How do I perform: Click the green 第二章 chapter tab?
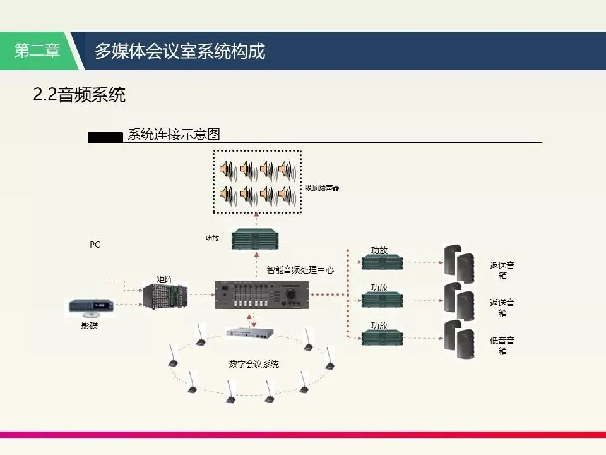coord(38,51)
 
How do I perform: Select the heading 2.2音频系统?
coord(80,95)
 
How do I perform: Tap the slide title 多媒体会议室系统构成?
coord(180,51)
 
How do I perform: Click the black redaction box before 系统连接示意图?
coord(105,136)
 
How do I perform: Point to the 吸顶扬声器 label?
coord(322,187)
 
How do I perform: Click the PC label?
coord(95,245)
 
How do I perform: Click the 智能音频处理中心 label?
coord(300,270)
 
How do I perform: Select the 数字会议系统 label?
coord(254,364)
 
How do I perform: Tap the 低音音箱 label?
coord(502,345)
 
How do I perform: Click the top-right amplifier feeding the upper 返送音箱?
coord(379,262)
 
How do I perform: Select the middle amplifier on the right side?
coord(379,299)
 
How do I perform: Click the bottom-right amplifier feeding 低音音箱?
coord(379,336)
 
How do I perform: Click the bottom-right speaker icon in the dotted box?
coord(286,195)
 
